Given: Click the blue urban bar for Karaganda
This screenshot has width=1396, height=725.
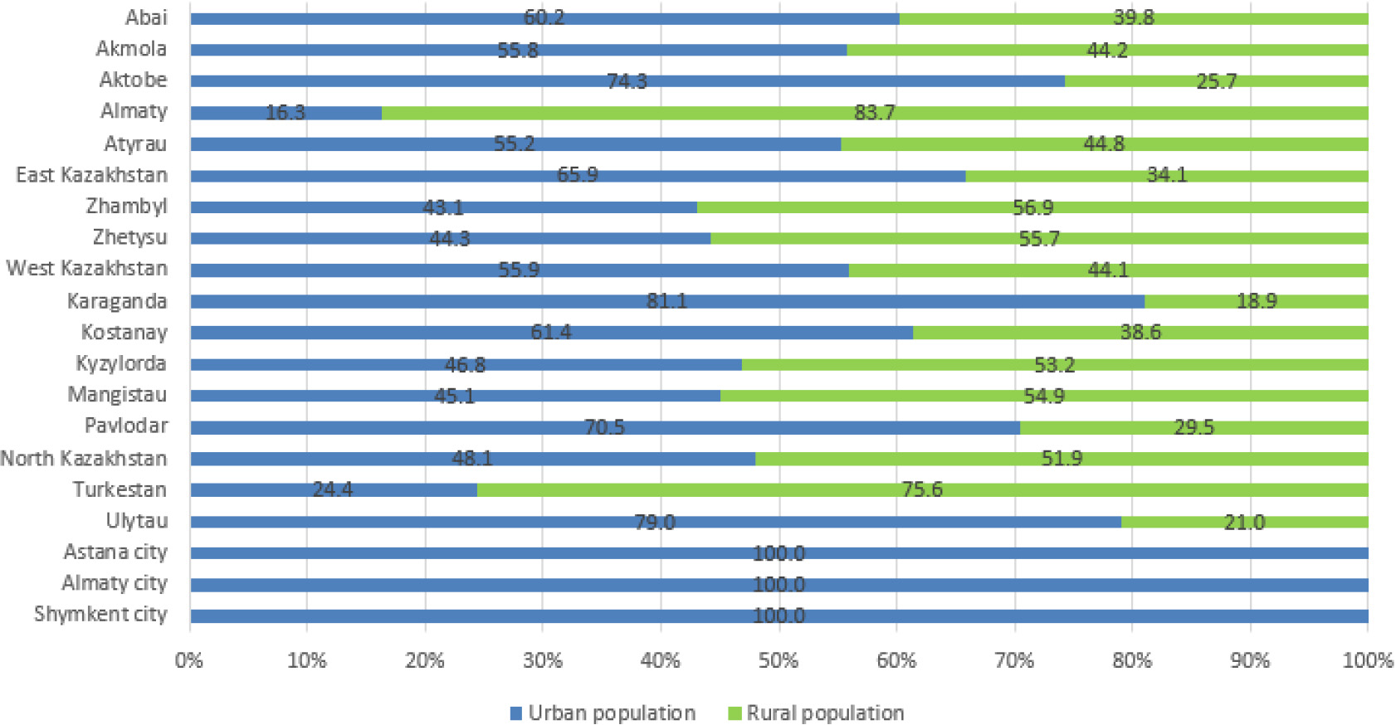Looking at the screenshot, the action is click(667, 301).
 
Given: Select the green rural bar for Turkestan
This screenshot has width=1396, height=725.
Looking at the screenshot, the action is click(922, 490).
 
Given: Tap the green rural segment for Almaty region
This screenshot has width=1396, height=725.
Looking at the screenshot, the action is click(875, 113).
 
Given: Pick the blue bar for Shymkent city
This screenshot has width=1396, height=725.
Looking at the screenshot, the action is click(779, 616).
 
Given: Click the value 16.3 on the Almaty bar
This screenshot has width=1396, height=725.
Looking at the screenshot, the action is click(286, 113).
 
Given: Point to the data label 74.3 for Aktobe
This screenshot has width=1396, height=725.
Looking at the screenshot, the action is click(627, 81).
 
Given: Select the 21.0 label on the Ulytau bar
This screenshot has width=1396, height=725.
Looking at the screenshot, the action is click(1245, 522).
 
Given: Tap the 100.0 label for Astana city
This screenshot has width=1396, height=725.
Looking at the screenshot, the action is click(779, 553).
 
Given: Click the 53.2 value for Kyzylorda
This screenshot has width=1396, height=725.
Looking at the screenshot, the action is click(1055, 364).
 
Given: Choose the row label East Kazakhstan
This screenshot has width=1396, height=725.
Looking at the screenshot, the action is click(91, 175).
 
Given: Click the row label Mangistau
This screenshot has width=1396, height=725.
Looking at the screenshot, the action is click(117, 395).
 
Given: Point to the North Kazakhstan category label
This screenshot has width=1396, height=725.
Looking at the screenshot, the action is click(84, 459).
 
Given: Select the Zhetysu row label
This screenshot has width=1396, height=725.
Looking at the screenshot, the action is click(129, 238).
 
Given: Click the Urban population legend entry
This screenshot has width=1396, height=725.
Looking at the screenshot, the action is click(603, 713).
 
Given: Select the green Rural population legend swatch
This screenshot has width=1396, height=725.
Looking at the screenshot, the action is click(735, 713).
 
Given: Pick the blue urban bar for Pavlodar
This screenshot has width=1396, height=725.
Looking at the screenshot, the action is click(605, 427).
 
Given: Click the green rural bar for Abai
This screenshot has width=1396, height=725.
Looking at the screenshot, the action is click(1134, 19).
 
